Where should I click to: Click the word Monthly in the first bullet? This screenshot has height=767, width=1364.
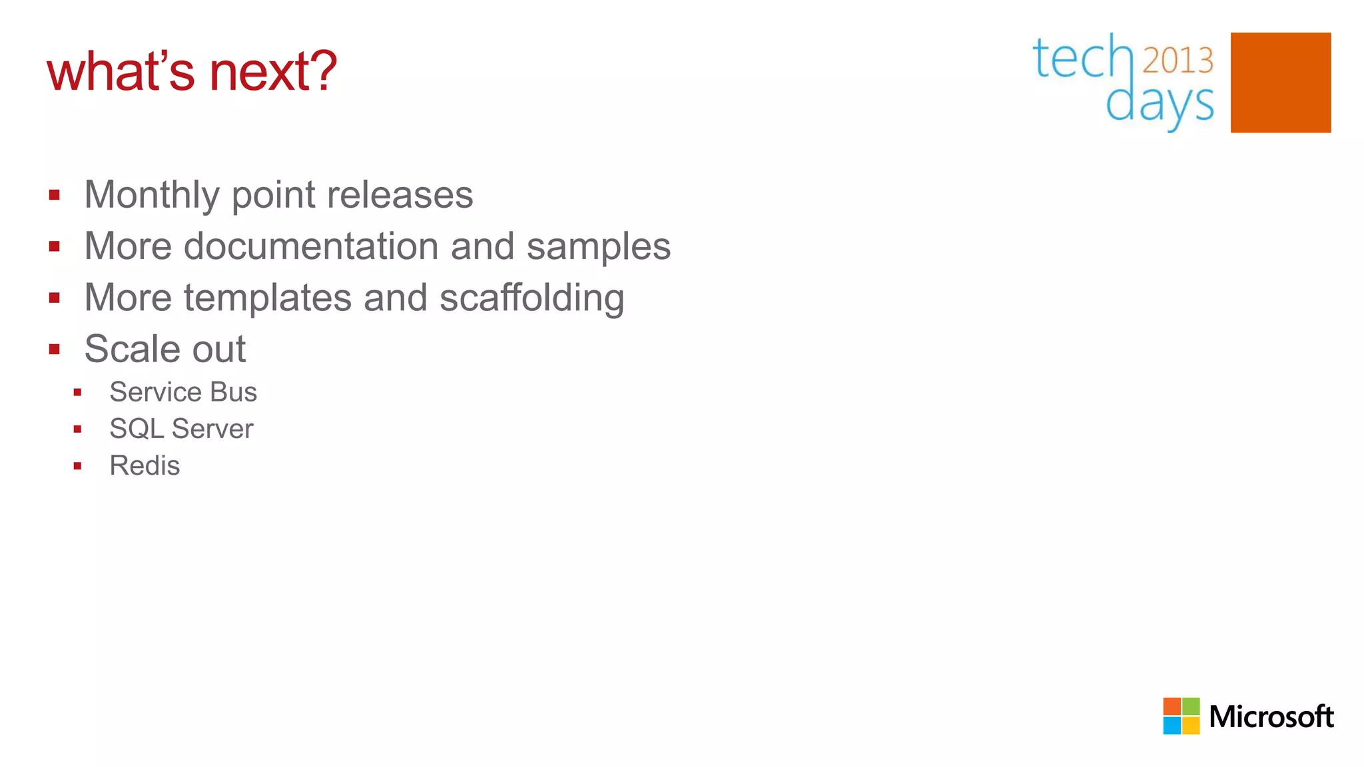[152, 194]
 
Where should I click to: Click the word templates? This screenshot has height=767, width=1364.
[267, 298]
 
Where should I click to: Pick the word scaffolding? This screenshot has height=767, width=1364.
[531, 298]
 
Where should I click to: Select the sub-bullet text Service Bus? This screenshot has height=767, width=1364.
[183, 392]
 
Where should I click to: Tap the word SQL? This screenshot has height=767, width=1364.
[137, 429]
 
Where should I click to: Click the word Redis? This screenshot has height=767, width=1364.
[145, 465]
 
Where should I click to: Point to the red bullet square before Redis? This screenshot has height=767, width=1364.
[77, 466]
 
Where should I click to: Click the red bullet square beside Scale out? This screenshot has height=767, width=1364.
[55, 350]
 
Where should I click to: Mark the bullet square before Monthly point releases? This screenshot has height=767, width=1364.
[55, 195]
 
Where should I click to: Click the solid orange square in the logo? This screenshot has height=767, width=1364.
[1280, 83]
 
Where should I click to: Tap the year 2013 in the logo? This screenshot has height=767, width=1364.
[1178, 60]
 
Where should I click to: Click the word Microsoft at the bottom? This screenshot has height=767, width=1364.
[1271, 716]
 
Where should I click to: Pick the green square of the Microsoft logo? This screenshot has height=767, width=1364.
[1191, 706]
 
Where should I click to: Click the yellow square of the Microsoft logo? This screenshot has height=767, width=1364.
[1191, 726]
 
